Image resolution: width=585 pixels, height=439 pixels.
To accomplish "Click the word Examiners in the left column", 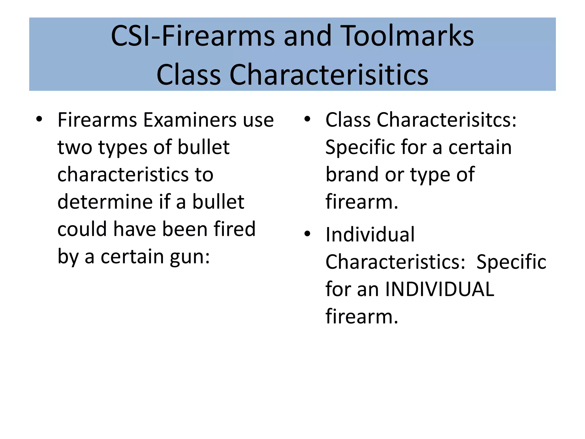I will [x=190, y=120].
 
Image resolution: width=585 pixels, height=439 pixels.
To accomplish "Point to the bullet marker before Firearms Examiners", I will [x=39, y=119].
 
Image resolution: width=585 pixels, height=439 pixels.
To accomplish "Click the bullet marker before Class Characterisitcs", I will [x=307, y=119].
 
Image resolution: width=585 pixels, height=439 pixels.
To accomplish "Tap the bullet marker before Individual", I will [x=307, y=234].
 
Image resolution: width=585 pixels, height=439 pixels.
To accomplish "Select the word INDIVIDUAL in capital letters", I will [x=440, y=289].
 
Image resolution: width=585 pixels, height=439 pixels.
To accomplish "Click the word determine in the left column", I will [x=105, y=202].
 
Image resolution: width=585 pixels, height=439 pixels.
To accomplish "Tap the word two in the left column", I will [x=75, y=147].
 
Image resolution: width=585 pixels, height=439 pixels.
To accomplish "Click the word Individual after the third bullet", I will [x=370, y=234].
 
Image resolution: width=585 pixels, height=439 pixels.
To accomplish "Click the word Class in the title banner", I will [x=189, y=75].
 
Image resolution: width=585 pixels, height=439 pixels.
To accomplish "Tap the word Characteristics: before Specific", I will [x=396, y=262].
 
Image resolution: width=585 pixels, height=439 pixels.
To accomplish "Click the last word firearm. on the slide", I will [x=362, y=316].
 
